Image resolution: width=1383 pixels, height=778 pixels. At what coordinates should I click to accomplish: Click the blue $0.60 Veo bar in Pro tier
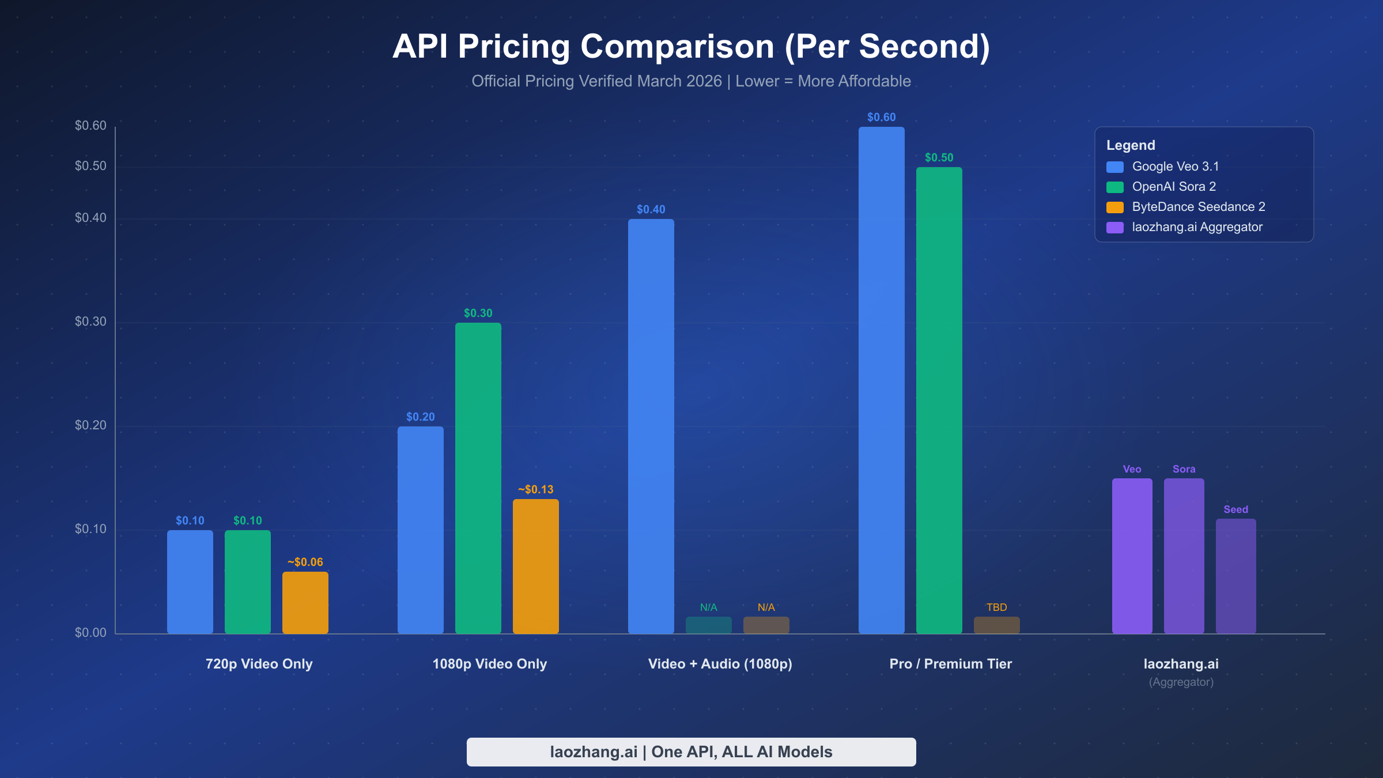click(x=881, y=380)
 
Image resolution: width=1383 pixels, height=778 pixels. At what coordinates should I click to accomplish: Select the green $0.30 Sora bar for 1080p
click(x=478, y=478)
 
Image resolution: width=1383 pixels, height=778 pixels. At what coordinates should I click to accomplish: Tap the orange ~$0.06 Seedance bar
click(x=305, y=603)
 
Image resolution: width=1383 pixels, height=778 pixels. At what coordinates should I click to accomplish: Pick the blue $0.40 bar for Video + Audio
click(x=651, y=426)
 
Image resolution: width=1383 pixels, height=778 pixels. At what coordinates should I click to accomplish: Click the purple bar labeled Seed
click(x=1235, y=576)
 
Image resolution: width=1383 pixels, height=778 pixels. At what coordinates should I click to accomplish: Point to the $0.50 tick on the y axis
click(x=90, y=166)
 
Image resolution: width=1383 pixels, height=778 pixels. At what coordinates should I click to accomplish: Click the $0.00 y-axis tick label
click(x=90, y=633)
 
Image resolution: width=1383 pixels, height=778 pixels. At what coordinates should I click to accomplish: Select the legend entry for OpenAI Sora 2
click(x=1174, y=187)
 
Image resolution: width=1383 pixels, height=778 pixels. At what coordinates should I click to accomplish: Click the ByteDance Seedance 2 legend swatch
click(x=1115, y=207)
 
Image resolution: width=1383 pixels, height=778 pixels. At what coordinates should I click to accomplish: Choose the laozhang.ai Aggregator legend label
click(x=1197, y=227)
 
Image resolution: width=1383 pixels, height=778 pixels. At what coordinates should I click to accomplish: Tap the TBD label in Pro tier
click(x=996, y=607)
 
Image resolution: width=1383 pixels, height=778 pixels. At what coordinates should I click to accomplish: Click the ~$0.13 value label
click(x=535, y=489)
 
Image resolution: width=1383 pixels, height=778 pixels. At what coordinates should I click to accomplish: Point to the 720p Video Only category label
click(x=259, y=664)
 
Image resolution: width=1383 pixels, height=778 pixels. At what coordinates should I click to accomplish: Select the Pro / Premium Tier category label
click(x=950, y=664)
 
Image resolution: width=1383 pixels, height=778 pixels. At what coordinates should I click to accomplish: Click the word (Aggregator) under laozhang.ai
click(x=1181, y=682)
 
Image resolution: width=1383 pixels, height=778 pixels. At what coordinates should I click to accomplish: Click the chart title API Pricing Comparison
click(x=691, y=46)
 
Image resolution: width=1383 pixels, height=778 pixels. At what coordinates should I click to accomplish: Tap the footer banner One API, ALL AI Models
click(x=691, y=752)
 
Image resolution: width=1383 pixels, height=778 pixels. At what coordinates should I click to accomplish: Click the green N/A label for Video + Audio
click(x=708, y=607)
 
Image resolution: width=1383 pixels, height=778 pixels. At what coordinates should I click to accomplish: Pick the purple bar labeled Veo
click(x=1132, y=556)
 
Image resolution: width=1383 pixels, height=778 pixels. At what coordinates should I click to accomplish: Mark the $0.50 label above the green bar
click(x=939, y=158)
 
